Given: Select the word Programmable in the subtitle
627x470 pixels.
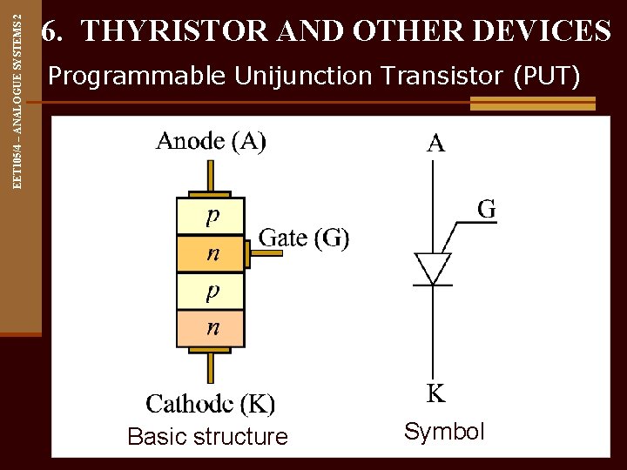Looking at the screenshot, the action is point(137,77).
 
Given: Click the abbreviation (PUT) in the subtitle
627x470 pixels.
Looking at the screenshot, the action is point(548,77).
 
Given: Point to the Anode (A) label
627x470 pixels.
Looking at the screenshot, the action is point(211,141).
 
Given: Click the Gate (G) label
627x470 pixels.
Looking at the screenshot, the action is point(304,237).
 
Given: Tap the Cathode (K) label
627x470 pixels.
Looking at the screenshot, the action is point(211,404).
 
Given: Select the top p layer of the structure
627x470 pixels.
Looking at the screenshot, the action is point(211,216).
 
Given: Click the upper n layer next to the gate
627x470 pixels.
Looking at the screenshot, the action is point(211,254).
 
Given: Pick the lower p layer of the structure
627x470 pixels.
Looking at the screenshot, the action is point(211,292).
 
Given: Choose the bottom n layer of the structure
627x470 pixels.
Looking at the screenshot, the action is point(211,329).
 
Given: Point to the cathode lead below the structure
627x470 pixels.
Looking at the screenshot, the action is point(210,366).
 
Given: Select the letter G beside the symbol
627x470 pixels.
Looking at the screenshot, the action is point(487,209).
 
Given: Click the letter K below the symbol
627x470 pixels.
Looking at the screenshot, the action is point(435,393).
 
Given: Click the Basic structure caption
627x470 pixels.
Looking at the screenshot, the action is point(207,437).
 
